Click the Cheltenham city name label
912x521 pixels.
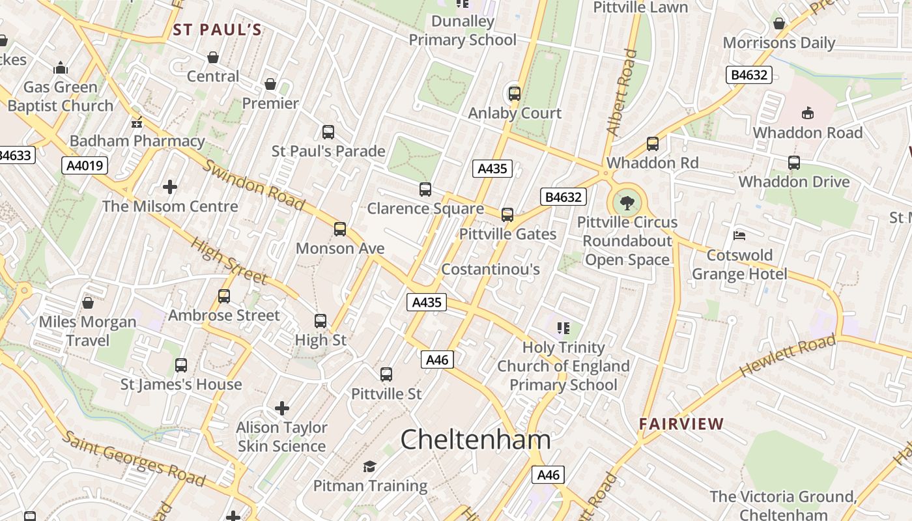[476, 440]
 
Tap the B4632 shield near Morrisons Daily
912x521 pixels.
[749, 75]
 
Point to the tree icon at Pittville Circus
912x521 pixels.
[627, 203]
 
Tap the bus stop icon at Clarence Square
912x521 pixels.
[425, 190]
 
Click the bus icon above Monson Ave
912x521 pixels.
[340, 229]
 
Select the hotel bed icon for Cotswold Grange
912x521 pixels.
[739, 236]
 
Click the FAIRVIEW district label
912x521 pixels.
[681, 425]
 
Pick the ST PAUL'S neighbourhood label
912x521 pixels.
[218, 30]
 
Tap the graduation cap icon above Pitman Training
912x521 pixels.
[370, 466]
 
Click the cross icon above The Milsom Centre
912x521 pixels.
[170, 188]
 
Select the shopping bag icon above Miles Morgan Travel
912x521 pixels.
[88, 303]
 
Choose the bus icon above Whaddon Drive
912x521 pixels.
[793, 163]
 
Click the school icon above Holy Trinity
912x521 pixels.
[563, 328]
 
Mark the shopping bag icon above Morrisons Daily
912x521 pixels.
[778, 24]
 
